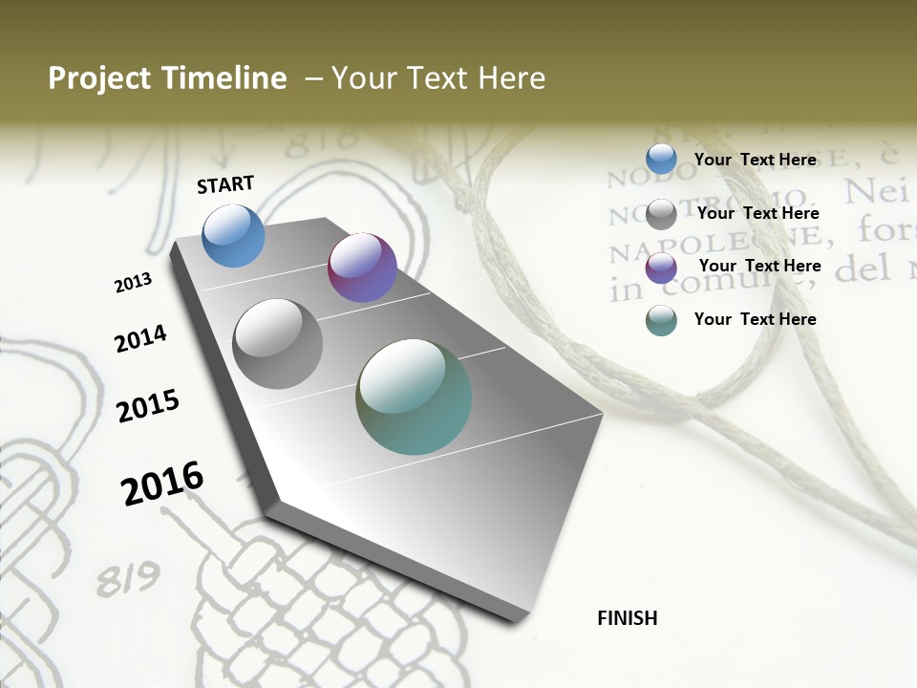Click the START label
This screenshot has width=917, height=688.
225,184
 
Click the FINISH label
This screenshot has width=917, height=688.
627,618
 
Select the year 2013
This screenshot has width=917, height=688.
133,283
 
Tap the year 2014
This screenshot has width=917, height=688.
140,338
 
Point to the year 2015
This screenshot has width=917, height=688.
148,406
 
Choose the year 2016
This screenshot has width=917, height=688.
162,484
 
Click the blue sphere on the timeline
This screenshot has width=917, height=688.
233,235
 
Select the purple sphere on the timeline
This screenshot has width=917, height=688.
362,268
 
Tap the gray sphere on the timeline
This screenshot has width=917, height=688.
277,343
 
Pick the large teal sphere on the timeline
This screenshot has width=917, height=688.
414,397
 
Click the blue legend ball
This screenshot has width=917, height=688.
661,159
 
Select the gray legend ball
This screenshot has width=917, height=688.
661,214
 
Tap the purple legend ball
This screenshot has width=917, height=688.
661,268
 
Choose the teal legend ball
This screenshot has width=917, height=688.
661,320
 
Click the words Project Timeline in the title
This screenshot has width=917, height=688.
167,78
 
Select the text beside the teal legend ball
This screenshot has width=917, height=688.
755,319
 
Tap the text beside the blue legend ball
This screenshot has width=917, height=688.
755,160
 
